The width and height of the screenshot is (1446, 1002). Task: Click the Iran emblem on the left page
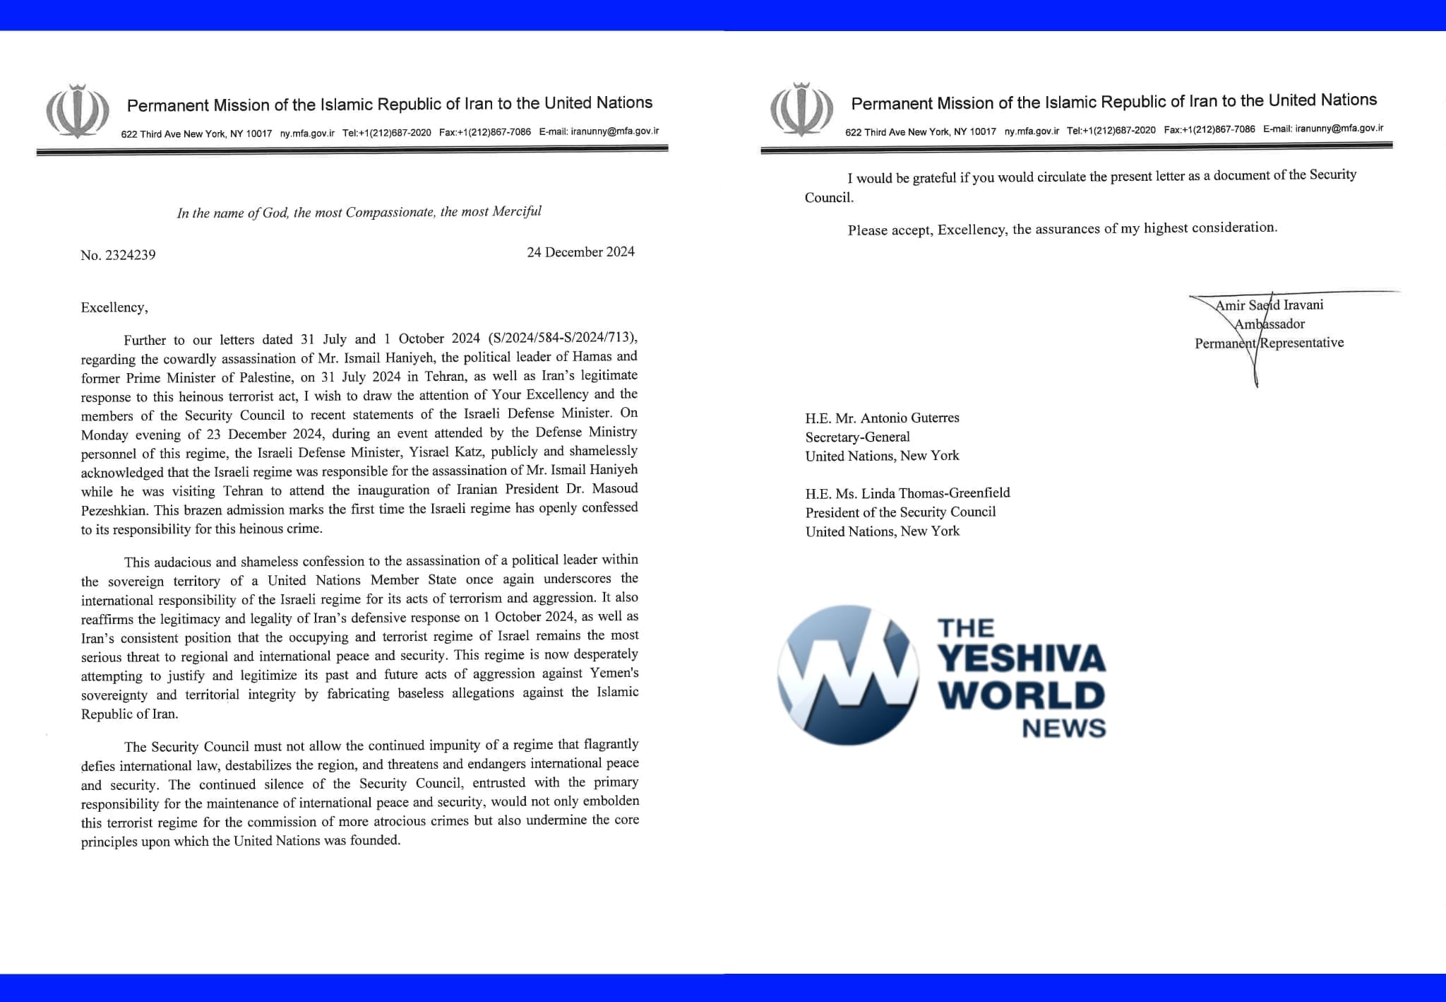coord(78,111)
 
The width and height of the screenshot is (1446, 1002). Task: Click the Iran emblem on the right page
coord(801,109)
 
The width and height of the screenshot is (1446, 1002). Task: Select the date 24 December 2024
coord(580,252)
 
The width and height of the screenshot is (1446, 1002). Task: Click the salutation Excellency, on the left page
coord(114,307)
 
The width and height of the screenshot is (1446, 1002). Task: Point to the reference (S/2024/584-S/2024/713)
coord(563,338)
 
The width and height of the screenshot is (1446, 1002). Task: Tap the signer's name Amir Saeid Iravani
coord(1269,305)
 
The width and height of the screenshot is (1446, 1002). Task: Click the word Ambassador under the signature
coord(1269,324)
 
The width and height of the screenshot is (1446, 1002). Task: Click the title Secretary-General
coord(857,437)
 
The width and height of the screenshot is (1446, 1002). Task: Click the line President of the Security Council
coord(900,512)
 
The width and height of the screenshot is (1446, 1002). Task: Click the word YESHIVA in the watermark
coord(1022,659)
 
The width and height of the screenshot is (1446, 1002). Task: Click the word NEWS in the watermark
coord(1063,729)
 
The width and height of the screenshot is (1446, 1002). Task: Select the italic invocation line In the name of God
coord(359,212)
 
